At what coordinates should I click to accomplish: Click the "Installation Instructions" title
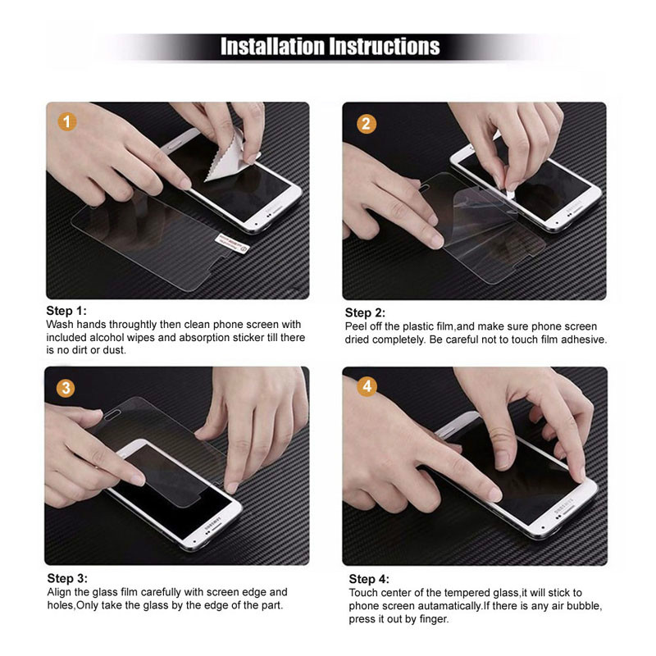[330, 46]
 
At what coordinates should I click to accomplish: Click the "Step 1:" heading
[66, 312]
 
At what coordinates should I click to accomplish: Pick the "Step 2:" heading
[365, 313]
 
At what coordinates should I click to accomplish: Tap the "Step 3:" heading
[66, 579]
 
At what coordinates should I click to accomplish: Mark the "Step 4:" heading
[369, 580]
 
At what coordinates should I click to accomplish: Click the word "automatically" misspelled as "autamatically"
[443, 606]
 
